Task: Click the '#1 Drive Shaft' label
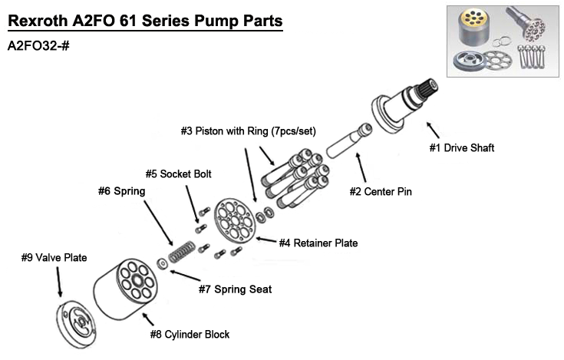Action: (x=460, y=148)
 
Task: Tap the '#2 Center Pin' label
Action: (x=381, y=191)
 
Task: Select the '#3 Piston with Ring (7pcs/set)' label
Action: (x=248, y=131)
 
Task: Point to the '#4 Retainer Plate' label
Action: (x=318, y=243)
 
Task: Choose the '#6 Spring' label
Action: (x=121, y=190)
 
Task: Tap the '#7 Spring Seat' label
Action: (x=235, y=289)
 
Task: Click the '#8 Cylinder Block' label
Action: (x=190, y=334)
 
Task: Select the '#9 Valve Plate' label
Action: (x=54, y=258)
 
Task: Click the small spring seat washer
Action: (x=163, y=265)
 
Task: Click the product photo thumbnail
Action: (x=502, y=40)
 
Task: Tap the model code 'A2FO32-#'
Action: (x=38, y=45)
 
